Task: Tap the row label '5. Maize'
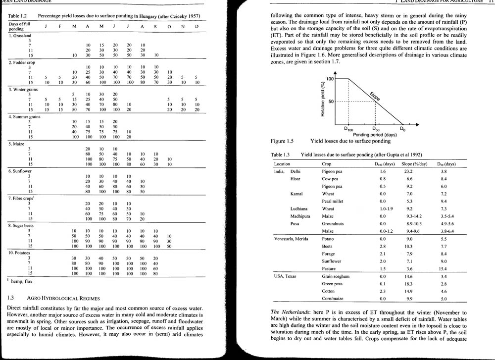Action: coord(16,144)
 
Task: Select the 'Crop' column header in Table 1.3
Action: coord(326,164)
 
